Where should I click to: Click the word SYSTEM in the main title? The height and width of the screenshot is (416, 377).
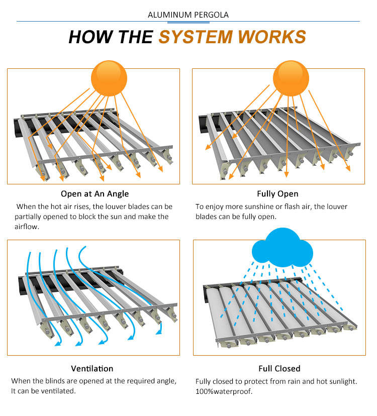196,37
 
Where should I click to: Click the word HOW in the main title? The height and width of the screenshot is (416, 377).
91,37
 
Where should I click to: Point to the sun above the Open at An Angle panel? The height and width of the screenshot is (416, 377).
109,78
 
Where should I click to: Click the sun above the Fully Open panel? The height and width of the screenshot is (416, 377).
291,78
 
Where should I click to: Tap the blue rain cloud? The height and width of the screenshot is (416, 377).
282,248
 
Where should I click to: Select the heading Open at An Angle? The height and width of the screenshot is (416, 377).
95,193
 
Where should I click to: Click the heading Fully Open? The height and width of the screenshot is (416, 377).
277,193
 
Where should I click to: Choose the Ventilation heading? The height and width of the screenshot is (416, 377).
92,368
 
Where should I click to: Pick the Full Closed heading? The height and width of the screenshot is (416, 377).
279,368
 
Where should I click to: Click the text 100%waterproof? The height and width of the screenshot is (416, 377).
224,391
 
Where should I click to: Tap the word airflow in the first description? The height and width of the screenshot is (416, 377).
27,227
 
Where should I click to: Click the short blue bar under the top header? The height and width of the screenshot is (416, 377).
188,23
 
